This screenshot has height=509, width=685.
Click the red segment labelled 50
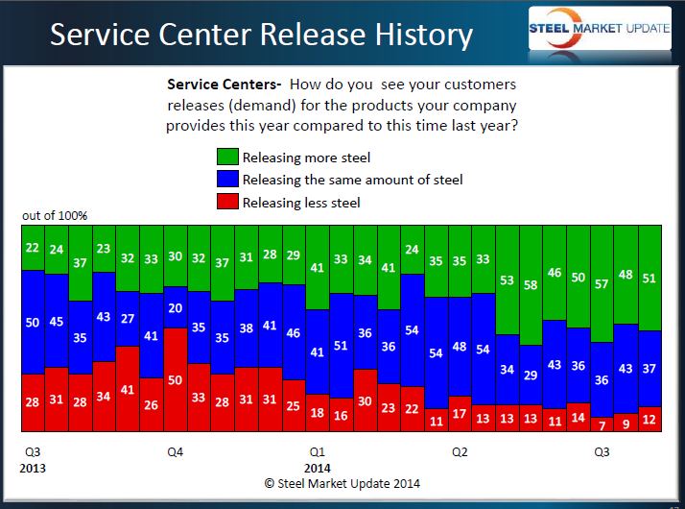tap(176, 380)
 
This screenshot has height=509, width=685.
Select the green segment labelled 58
tap(531, 284)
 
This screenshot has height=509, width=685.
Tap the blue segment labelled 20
tap(176, 307)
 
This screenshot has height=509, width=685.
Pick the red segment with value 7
tap(602, 424)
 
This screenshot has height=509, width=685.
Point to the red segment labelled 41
tap(128, 390)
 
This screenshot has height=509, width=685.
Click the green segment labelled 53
tap(507, 279)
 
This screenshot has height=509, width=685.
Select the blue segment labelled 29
tap(531, 375)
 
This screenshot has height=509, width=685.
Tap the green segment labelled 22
tap(33, 249)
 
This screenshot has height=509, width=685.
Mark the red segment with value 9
tap(626, 422)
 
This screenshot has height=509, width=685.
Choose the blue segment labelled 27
tap(128, 318)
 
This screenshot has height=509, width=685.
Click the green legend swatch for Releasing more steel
tap(227, 158)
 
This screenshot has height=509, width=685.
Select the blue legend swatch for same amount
tap(227, 180)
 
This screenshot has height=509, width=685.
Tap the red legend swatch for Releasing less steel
tap(227, 202)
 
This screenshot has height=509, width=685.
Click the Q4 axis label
tap(176, 451)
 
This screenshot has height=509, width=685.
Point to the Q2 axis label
tap(459, 451)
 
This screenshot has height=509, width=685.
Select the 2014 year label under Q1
tap(318, 469)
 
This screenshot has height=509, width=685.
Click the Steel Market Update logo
tap(600, 30)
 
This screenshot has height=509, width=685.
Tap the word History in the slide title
tap(414, 36)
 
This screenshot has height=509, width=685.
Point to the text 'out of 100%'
tap(55, 216)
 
